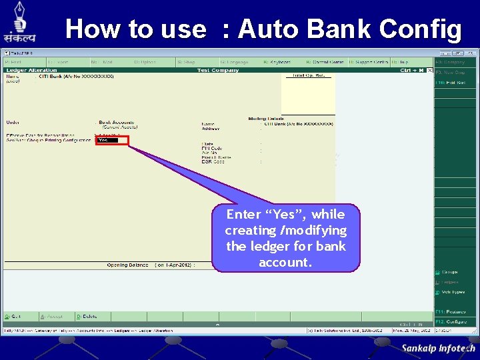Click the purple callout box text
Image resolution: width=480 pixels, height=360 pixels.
click(285, 238)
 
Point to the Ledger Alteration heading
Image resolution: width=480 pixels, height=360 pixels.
click(31, 70)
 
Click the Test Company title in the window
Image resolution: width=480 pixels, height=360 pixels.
click(217, 70)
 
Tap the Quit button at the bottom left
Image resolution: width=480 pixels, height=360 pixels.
click(13, 316)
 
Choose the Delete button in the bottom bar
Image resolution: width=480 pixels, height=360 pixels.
click(87, 316)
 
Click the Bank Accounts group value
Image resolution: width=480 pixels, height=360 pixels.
click(117, 123)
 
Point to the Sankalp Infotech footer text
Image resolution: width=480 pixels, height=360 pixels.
click(438, 348)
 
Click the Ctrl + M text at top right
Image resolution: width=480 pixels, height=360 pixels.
click(412, 70)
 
